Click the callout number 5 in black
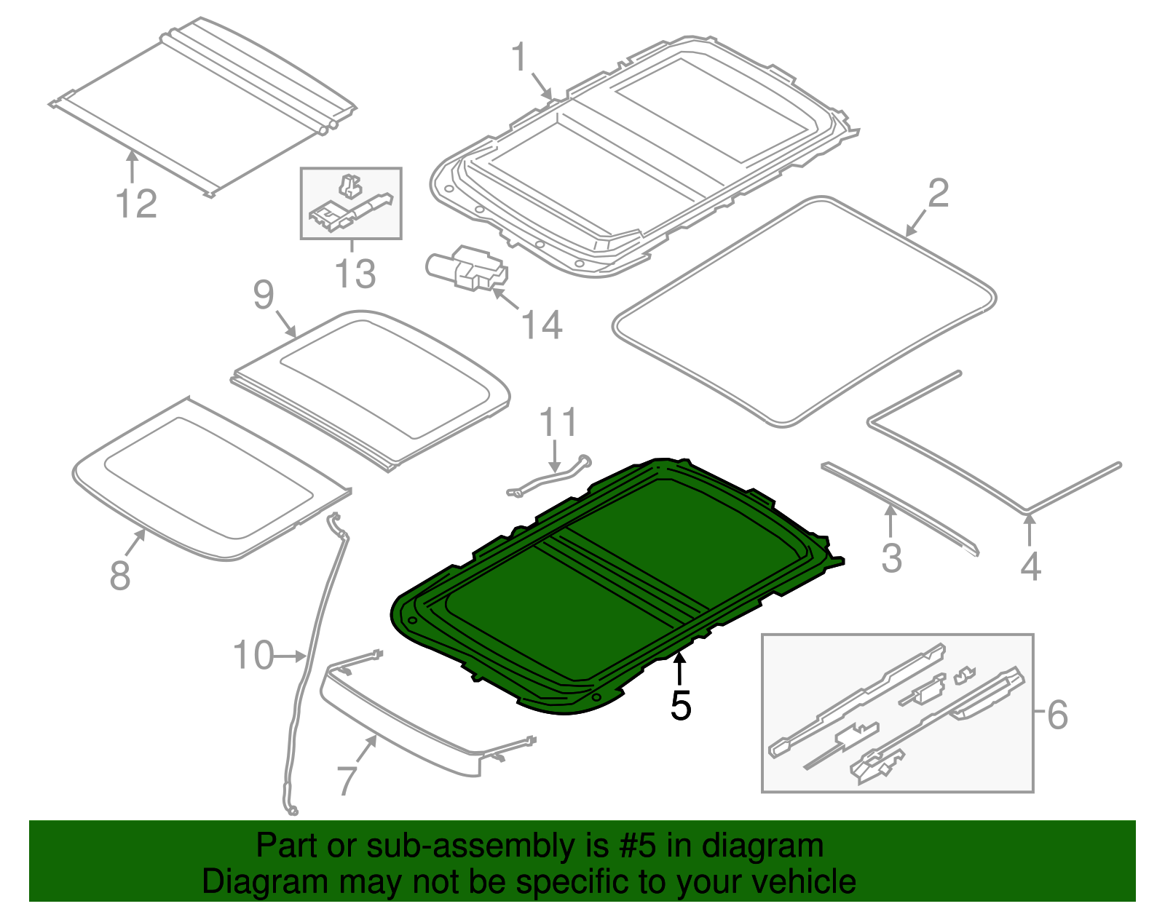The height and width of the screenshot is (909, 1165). [680, 705]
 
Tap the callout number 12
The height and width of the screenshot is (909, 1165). [136, 204]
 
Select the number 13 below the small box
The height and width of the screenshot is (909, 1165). [355, 274]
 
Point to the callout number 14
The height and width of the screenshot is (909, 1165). [542, 325]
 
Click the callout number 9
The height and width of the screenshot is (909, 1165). [263, 295]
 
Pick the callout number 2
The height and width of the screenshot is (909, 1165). [938, 194]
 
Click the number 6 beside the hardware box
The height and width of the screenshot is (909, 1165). [1057, 714]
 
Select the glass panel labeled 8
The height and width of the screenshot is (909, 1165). [211, 480]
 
